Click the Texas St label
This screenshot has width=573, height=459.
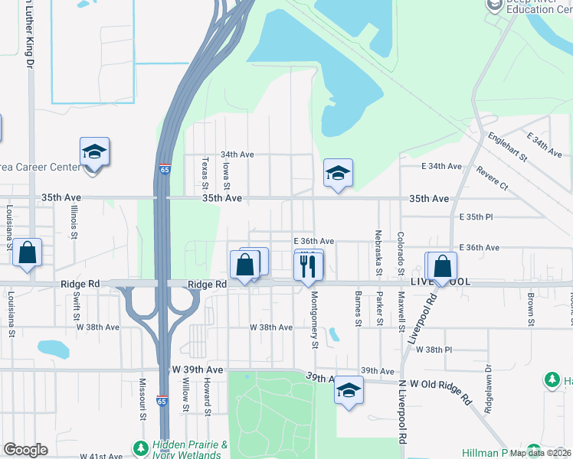click(x=205, y=173)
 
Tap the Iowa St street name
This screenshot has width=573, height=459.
click(x=226, y=176)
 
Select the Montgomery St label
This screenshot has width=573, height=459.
click(x=314, y=323)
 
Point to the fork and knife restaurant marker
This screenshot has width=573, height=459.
click(x=309, y=265)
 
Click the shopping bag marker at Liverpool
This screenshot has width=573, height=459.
click(x=442, y=267)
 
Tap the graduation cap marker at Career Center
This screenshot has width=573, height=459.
click(x=94, y=152)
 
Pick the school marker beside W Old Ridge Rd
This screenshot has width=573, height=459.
click(x=349, y=391)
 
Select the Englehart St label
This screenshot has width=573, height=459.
click(x=507, y=145)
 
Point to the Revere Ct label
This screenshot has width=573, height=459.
click(x=492, y=178)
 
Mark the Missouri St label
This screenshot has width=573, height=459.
click(x=142, y=398)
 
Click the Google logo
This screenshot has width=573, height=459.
click(x=25, y=450)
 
